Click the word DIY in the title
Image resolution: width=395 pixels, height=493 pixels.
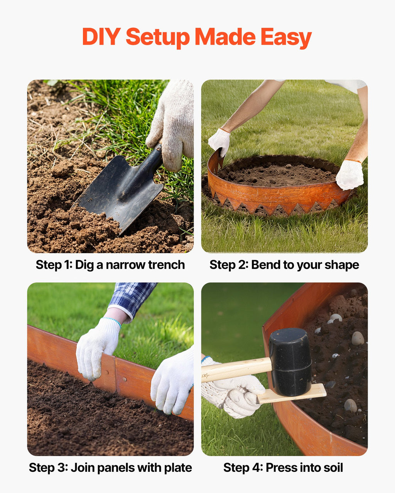coord(101,37)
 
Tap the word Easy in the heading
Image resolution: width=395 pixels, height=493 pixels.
coord(286,38)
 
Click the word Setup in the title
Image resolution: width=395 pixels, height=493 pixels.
coord(158,38)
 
